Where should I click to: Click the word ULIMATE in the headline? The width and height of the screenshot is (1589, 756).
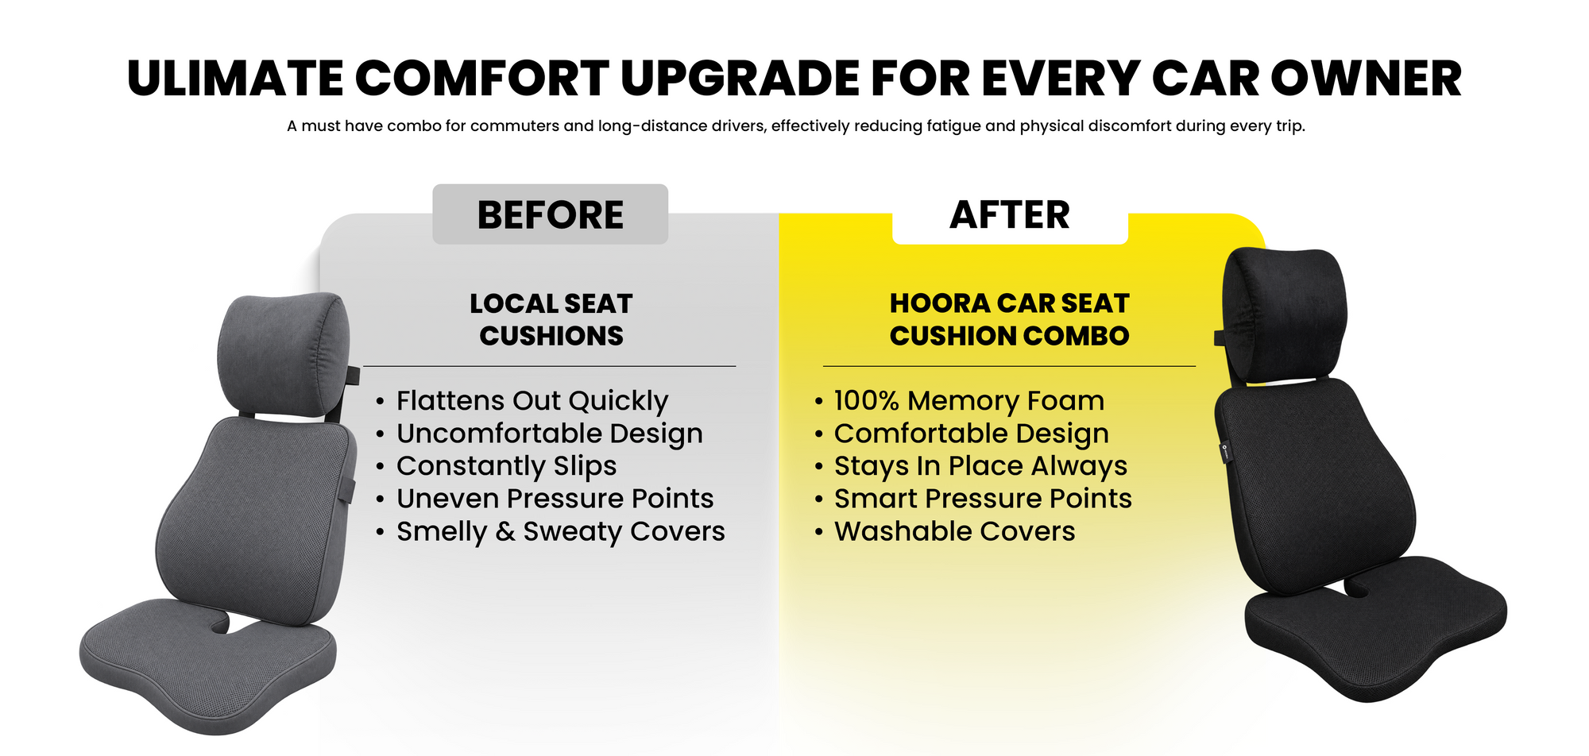point(236,79)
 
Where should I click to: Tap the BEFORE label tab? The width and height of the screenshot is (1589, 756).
point(550,214)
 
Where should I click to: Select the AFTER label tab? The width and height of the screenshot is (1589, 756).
point(1010,214)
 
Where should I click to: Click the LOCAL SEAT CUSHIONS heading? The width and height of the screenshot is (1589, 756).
point(551,319)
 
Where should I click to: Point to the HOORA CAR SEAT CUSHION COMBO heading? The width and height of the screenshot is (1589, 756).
point(1009,319)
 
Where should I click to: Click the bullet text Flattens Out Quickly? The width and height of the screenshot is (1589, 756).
point(532,401)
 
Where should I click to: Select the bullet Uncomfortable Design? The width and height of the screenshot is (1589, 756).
point(550,434)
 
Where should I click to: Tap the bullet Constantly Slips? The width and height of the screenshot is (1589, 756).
point(506,466)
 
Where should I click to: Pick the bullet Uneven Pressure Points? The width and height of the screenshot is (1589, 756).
point(555,499)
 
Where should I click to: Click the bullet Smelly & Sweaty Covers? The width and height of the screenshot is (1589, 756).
point(561,531)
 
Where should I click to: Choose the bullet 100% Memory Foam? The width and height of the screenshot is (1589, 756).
point(969,401)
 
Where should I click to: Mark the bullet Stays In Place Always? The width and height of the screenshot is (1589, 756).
point(980,466)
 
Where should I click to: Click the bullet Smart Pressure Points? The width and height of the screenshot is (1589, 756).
point(983,499)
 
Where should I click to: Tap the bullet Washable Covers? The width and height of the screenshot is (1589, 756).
point(954,531)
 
